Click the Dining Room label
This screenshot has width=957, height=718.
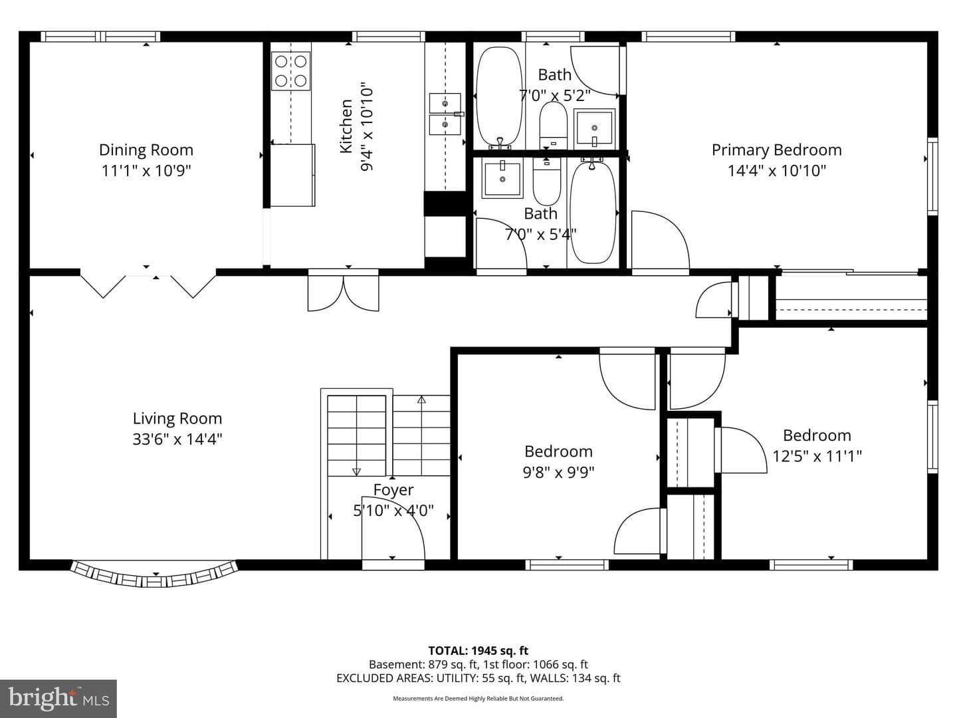tap(146, 150)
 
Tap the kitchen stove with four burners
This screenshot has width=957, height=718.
tap(291, 71)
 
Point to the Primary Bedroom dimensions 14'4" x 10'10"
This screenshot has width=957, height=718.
tap(776, 170)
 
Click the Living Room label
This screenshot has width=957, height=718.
tap(177, 419)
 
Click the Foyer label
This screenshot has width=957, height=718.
tap(393, 489)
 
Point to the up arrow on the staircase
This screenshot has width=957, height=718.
tap(421, 400)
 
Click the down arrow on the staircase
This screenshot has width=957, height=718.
tap(356, 472)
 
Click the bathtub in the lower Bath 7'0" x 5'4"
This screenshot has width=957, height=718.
tap(593, 212)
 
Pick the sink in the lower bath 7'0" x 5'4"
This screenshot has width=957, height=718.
tap(502, 178)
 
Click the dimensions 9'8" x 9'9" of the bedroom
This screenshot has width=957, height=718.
tap(558, 472)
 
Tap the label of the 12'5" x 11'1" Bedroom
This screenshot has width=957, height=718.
tap(817, 435)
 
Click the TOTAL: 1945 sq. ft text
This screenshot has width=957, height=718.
tap(478, 651)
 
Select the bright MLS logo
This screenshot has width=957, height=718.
tap(58, 699)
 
